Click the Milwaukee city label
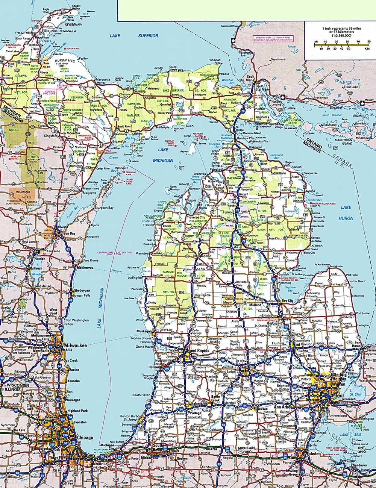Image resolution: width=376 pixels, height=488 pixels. click(76, 346)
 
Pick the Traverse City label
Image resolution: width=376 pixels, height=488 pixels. click(197, 218)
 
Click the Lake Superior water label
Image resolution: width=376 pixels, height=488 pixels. click(134, 36)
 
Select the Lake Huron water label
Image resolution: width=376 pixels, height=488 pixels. click(346, 212)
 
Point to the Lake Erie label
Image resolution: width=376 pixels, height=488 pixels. click(349, 435)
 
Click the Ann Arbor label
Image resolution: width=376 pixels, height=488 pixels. click(282, 407)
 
